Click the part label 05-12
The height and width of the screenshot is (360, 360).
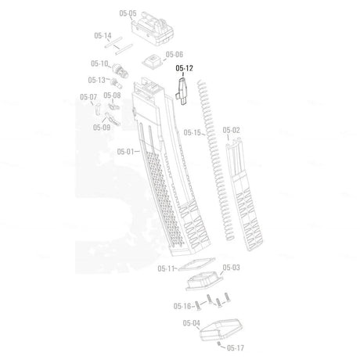(184, 68)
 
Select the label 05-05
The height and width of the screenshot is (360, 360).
(128, 13)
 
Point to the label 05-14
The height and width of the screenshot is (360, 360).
(103, 35)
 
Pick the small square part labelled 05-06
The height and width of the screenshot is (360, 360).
(153, 62)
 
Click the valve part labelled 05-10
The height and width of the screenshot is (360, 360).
(121, 70)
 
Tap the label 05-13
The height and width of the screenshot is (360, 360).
(96, 80)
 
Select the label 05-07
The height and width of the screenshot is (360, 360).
(88, 97)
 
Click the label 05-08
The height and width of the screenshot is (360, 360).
(112, 95)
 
